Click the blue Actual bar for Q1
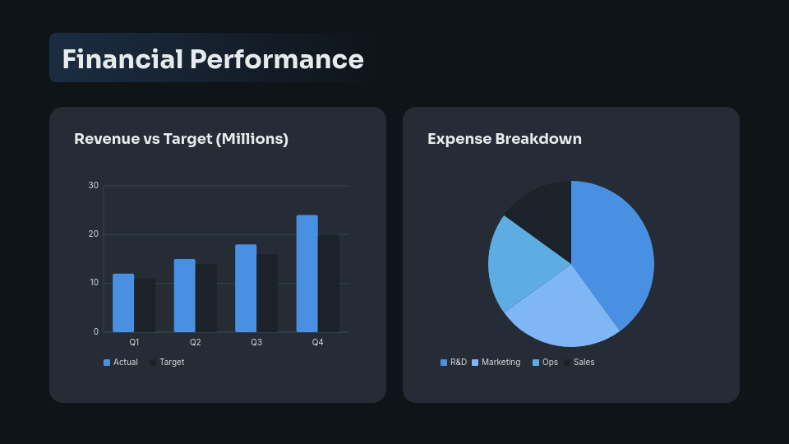click(123, 303)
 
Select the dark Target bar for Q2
click(206, 298)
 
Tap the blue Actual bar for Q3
click(246, 288)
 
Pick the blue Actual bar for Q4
click(307, 273)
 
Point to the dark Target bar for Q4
click(329, 283)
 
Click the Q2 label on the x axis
click(196, 342)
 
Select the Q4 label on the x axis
click(318, 342)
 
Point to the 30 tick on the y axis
click(94, 186)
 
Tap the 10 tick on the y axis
click(94, 283)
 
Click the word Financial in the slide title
click(122, 59)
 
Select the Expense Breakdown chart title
click(504, 139)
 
